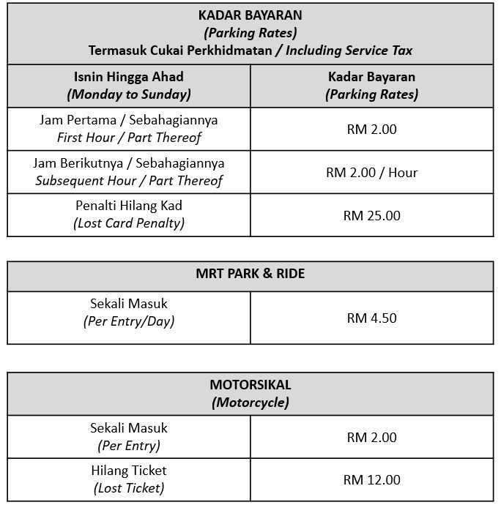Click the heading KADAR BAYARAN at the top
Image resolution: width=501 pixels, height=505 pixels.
(250, 15)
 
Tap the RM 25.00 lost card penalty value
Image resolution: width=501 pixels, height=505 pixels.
(371, 216)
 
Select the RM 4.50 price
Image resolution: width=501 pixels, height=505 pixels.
(371, 318)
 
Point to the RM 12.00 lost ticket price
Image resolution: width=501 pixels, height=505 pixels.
(371, 480)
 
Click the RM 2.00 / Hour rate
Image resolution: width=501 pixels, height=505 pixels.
(371, 173)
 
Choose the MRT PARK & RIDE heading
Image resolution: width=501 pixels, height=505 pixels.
(250, 274)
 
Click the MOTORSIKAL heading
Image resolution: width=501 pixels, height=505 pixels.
(250, 385)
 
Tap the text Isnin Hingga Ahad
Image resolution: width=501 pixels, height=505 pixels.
(129, 77)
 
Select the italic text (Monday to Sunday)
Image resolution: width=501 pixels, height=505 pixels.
(129, 94)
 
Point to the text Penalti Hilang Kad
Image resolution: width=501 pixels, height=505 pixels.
(129, 206)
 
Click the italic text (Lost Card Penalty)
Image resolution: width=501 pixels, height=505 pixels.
(129, 224)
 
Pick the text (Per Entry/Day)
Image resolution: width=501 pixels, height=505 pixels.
(129, 321)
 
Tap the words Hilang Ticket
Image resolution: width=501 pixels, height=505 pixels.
(129, 471)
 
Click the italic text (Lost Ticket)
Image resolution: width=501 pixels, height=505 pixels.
(129, 488)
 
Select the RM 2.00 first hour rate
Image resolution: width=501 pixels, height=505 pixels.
(371, 130)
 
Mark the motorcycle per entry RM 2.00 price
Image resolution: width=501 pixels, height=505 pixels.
(371, 438)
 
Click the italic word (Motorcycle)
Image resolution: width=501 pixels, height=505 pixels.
(250, 402)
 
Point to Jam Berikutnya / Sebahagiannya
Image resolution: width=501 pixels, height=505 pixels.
(129, 163)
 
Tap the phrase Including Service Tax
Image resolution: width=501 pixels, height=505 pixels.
(349, 50)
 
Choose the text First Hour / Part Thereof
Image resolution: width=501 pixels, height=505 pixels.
(129, 138)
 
